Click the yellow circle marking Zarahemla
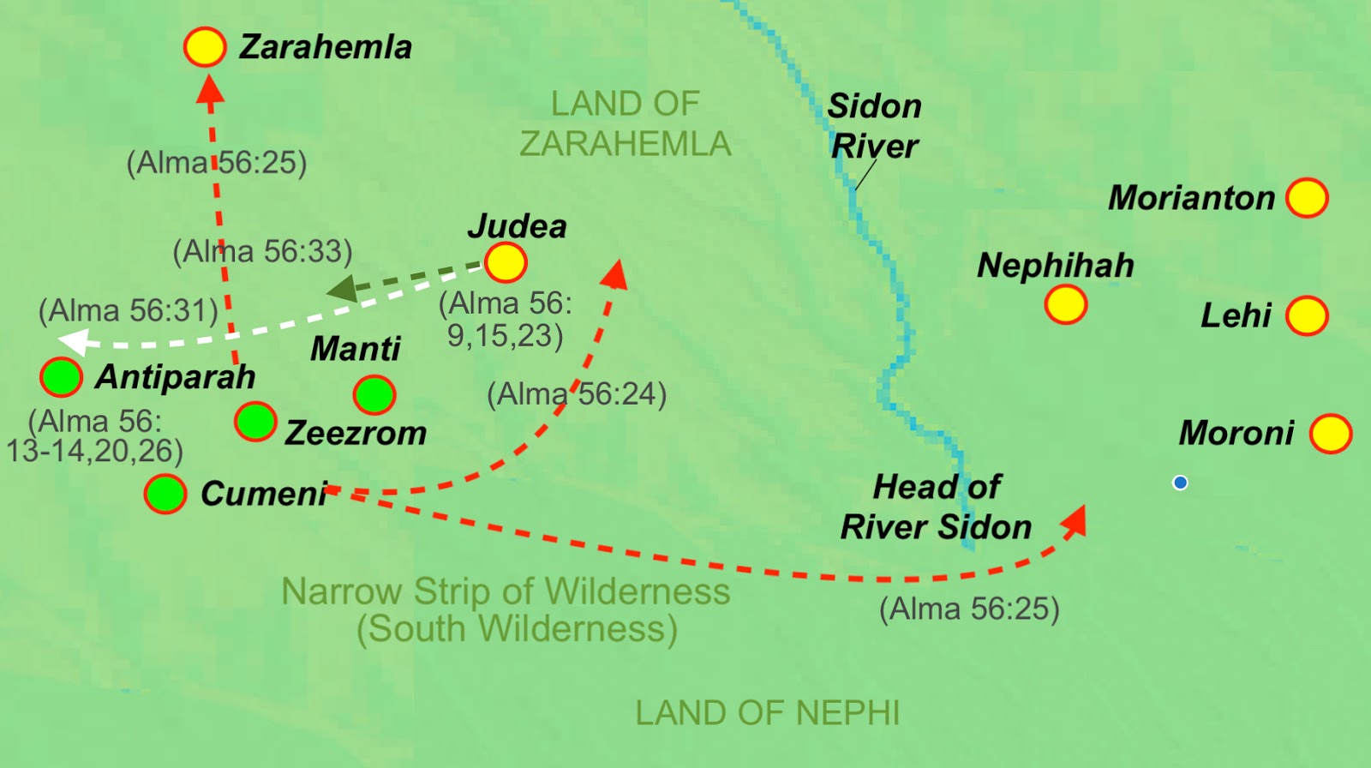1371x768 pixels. click(x=205, y=47)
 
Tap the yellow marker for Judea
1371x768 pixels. click(x=506, y=262)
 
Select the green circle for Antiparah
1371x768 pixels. click(x=62, y=377)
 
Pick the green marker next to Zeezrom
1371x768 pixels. click(x=255, y=422)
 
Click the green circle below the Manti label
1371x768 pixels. click(x=374, y=395)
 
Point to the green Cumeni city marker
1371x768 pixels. click(x=165, y=494)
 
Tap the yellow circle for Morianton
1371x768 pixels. click(x=1307, y=198)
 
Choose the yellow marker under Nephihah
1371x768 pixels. click(x=1066, y=304)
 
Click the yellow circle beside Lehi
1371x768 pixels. click(x=1307, y=315)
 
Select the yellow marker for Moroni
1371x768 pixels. click(x=1331, y=433)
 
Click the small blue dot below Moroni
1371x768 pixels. click(x=1180, y=483)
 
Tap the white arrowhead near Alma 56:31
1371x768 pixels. click(x=74, y=341)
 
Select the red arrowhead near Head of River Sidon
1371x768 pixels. click(x=1075, y=520)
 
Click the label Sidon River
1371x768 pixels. click(x=874, y=126)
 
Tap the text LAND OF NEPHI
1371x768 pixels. click(x=767, y=713)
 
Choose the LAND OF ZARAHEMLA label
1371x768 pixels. click(x=626, y=124)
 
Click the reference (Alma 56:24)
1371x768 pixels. click(x=577, y=394)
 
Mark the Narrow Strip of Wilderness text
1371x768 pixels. click(x=506, y=591)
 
